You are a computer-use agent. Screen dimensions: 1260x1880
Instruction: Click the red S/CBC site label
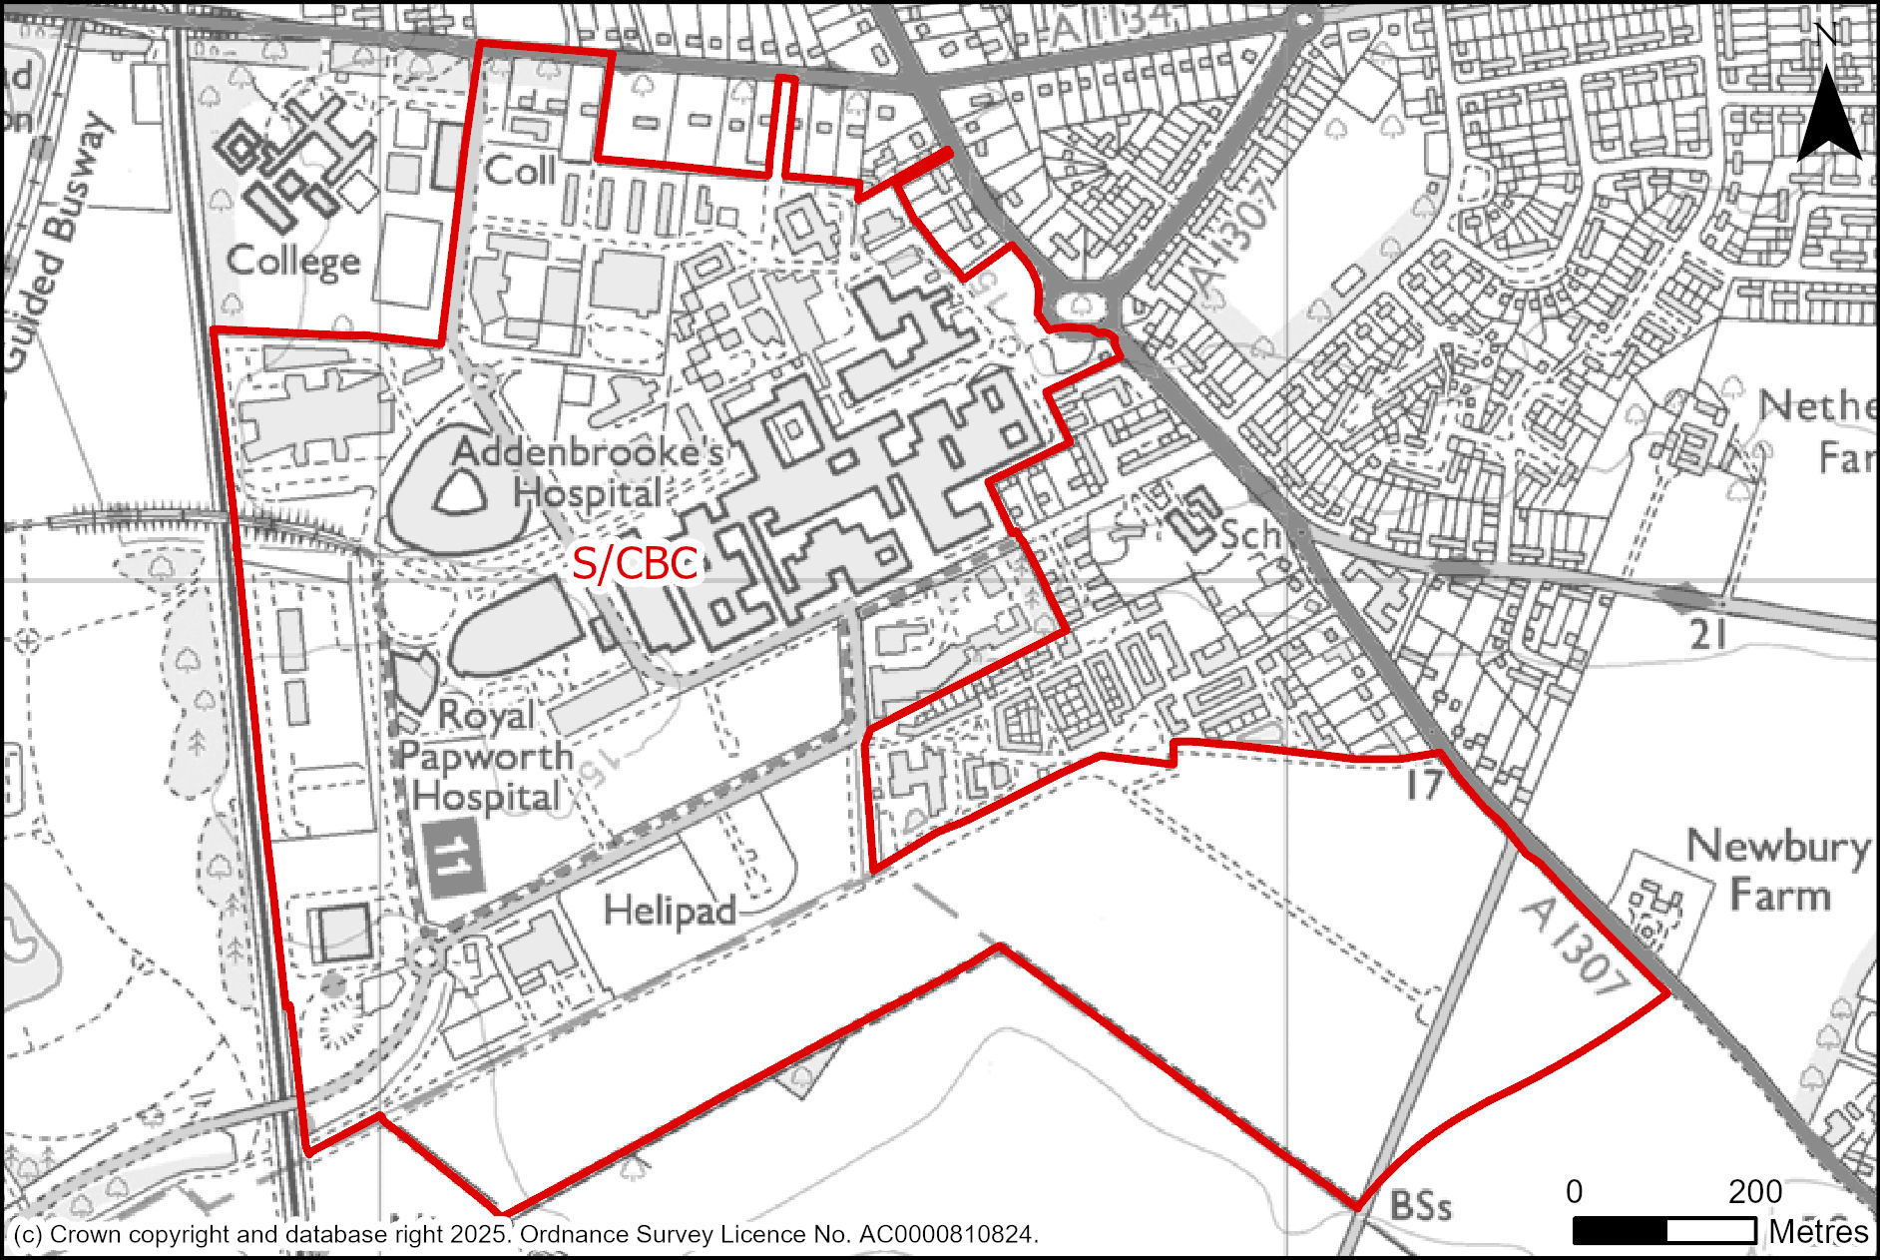(635, 564)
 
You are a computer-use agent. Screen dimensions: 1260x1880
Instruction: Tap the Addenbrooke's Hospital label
(589, 472)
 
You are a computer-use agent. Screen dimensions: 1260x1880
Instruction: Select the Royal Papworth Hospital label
(486, 756)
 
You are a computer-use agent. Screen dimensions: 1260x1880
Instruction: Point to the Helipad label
(670, 911)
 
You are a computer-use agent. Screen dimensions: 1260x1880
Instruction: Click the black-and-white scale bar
(1663, 1231)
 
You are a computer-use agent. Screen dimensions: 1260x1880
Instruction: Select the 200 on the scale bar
(1755, 1192)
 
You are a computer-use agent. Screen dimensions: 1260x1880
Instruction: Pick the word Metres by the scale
(1818, 1232)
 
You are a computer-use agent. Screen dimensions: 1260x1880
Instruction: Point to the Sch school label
(1249, 534)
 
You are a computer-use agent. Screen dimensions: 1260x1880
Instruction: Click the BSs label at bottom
(1420, 1205)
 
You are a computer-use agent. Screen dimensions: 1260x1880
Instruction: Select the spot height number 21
(1707, 634)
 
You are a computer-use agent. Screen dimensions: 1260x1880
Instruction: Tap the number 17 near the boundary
(1424, 786)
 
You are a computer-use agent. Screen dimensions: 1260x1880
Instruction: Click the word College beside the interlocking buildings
(292, 262)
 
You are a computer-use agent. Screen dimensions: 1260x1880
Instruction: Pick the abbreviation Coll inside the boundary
(519, 171)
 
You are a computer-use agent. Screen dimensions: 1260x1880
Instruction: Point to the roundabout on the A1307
(1083, 304)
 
